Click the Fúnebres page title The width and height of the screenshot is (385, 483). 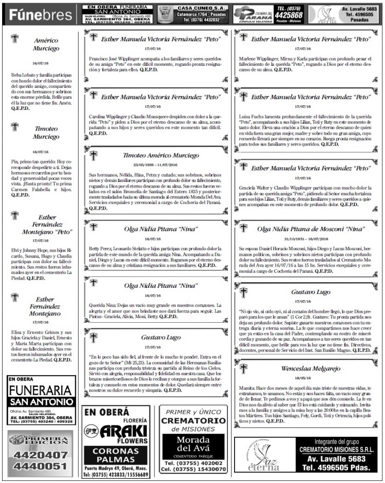(x=41, y=14)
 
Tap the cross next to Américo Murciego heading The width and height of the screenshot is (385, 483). (x=15, y=40)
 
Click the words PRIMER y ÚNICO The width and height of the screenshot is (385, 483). (x=193, y=413)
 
